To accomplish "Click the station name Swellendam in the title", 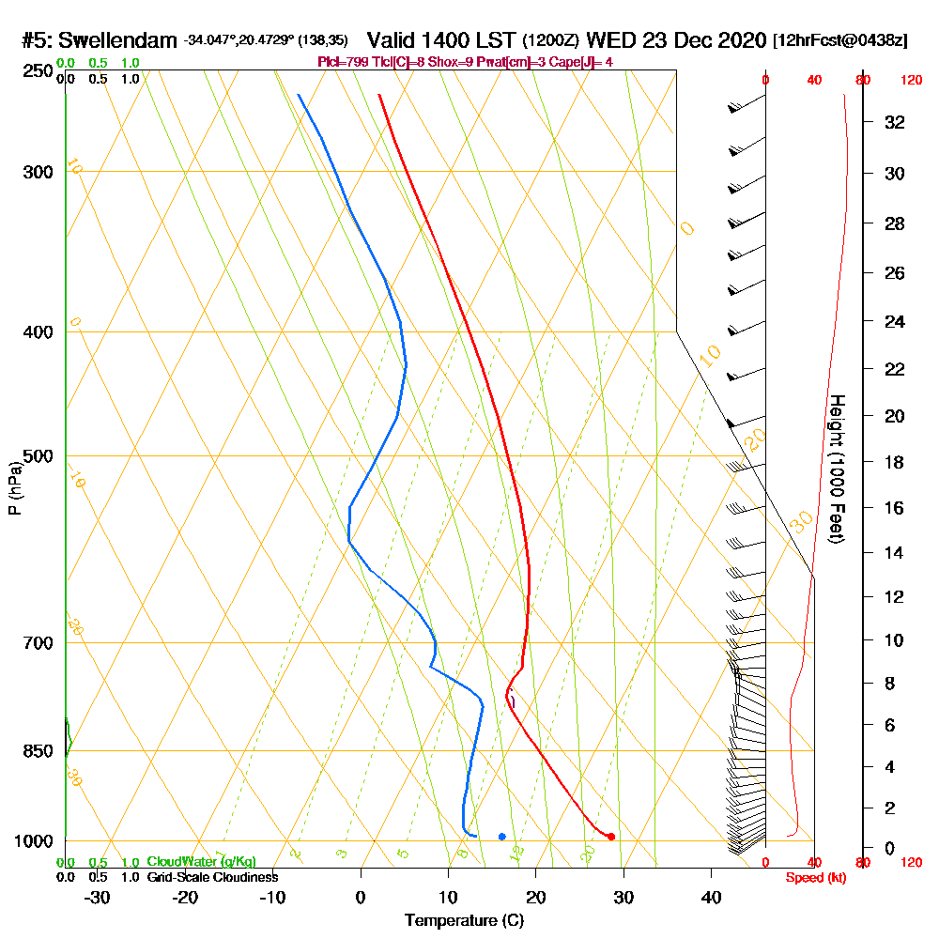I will [118, 40].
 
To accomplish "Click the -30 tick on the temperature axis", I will [98, 898].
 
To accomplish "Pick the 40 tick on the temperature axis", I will [711, 898].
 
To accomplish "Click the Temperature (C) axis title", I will [464, 921].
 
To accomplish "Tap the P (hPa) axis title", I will [14, 487].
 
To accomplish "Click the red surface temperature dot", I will [610, 837].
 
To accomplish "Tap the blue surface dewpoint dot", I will [502, 836].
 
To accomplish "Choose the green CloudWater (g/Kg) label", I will [201, 862].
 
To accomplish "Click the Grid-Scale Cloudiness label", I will [211, 877].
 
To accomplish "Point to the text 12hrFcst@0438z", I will [840, 41].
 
